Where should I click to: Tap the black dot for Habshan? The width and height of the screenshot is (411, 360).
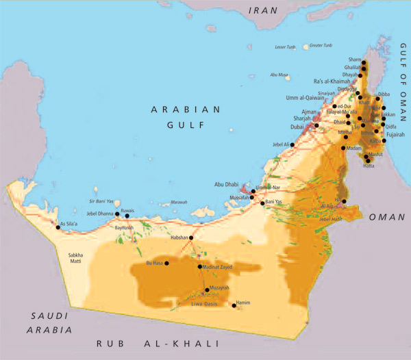191,237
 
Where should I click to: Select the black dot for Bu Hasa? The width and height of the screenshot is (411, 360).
167,263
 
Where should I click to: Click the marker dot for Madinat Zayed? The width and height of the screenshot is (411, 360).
199,267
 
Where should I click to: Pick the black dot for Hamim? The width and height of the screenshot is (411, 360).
236,306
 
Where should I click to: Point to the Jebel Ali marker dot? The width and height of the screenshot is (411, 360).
295,145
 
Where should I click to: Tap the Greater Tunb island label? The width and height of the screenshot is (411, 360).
321,45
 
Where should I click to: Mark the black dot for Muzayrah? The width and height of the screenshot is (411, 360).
207,290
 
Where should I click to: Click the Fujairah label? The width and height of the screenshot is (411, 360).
396,134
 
